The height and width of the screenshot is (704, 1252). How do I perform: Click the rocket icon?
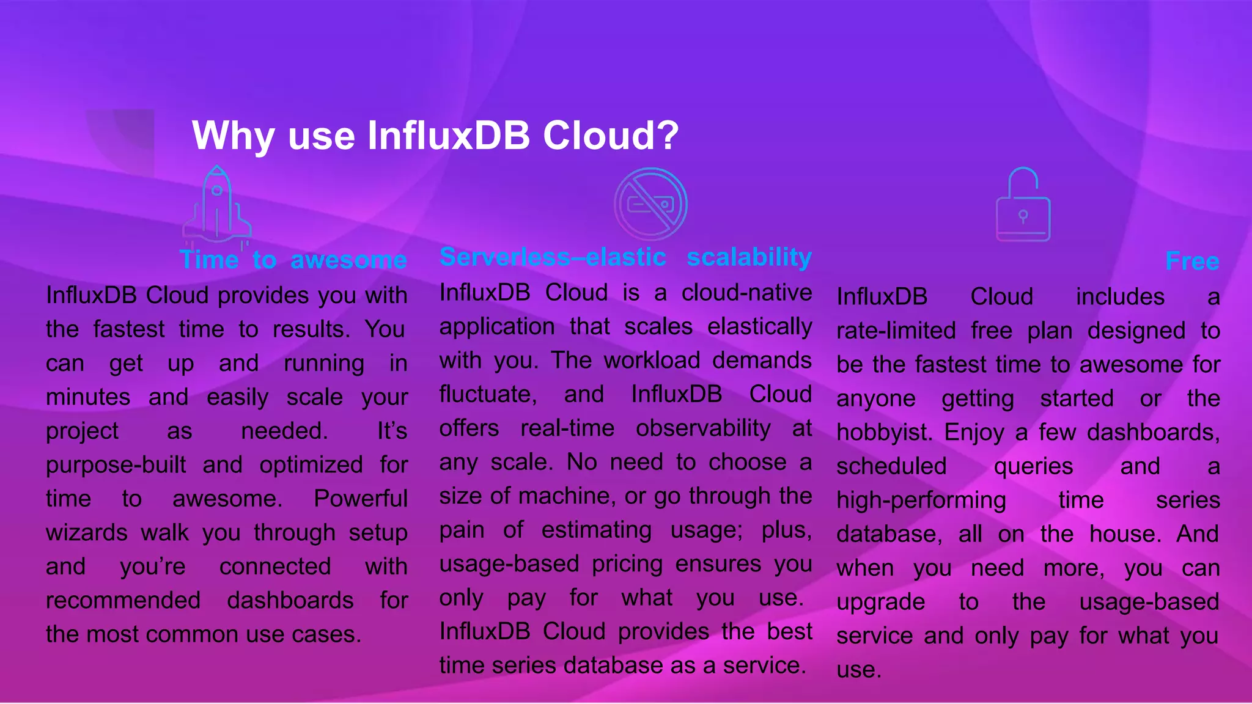pyautogui.click(x=217, y=205)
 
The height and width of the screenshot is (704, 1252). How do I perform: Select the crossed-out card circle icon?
pyautogui.click(x=650, y=204)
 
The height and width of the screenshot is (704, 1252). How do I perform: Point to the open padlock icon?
pyautogui.click(x=1023, y=205)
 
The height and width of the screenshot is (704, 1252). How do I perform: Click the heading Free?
pyautogui.click(x=1192, y=261)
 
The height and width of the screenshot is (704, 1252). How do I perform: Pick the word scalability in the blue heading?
pyautogui.click(x=749, y=257)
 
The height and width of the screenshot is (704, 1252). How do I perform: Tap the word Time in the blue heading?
pyautogui.click(x=208, y=260)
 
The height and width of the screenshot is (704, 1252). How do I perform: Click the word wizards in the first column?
pyautogui.click(x=87, y=532)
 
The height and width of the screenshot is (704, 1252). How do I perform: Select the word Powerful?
pyautogui.click(x=360, y=499)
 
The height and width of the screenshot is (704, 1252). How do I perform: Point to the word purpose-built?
pyautogui.click(x=116, y=465)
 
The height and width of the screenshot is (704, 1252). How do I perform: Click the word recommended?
pyautogui.click(x=123, y=600)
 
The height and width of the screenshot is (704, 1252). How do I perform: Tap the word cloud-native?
pyautogui.click(x=746, y=293)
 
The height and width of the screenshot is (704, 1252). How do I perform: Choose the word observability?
pyautogui.click(x=703, y=428)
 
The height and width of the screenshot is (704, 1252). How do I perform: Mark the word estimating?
pyautogui.click(x=596, y=529)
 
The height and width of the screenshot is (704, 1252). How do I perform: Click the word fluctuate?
pyautogui.click(x=488, y=394)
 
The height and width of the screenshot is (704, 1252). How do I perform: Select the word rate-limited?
pyautogui.click(x=896, y=331)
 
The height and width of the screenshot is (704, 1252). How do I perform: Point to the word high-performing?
pyautogui.click(x=921, y=501)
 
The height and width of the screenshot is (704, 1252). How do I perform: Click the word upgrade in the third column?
pyautogui.click(x=880, y=602)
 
